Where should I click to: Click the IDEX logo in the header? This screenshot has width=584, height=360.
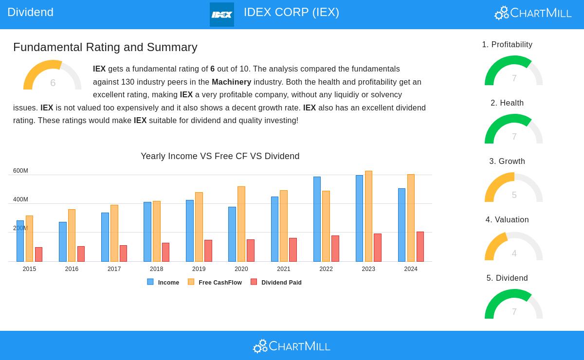(x=221, y=15)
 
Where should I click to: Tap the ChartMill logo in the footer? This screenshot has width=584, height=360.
(x=292, y=346)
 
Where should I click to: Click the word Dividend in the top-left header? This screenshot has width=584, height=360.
(x=30, y=12)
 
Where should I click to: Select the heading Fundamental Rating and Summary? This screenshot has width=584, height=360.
(x=105, y=47)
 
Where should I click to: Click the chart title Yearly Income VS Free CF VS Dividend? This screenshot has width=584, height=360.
(x=220, y=156)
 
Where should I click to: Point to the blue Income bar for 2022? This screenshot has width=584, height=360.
(x=317, y=219)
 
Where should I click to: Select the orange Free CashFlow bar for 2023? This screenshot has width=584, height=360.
(x=368, y=216)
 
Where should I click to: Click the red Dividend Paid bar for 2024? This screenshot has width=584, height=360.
(x=420, y=247)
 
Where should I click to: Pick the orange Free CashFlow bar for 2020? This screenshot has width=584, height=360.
(x=241, y=224)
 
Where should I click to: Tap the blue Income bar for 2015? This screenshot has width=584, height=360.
(x=20, y=241)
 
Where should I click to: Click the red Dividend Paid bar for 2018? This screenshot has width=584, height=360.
(x=165, y=252)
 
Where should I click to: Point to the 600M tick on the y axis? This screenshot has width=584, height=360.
(x=20, y=171)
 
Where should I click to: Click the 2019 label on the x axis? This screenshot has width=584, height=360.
(x=199, y=269)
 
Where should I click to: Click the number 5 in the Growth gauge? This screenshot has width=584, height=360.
(x=514, y=195)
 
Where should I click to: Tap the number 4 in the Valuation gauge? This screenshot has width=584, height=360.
(x=514, y=253)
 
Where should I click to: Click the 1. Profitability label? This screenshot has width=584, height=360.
(x=507, y=45)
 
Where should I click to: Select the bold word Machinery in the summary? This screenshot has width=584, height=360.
(x=231, y=82)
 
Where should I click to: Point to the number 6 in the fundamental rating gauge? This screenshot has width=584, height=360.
(x=53, y=83)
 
